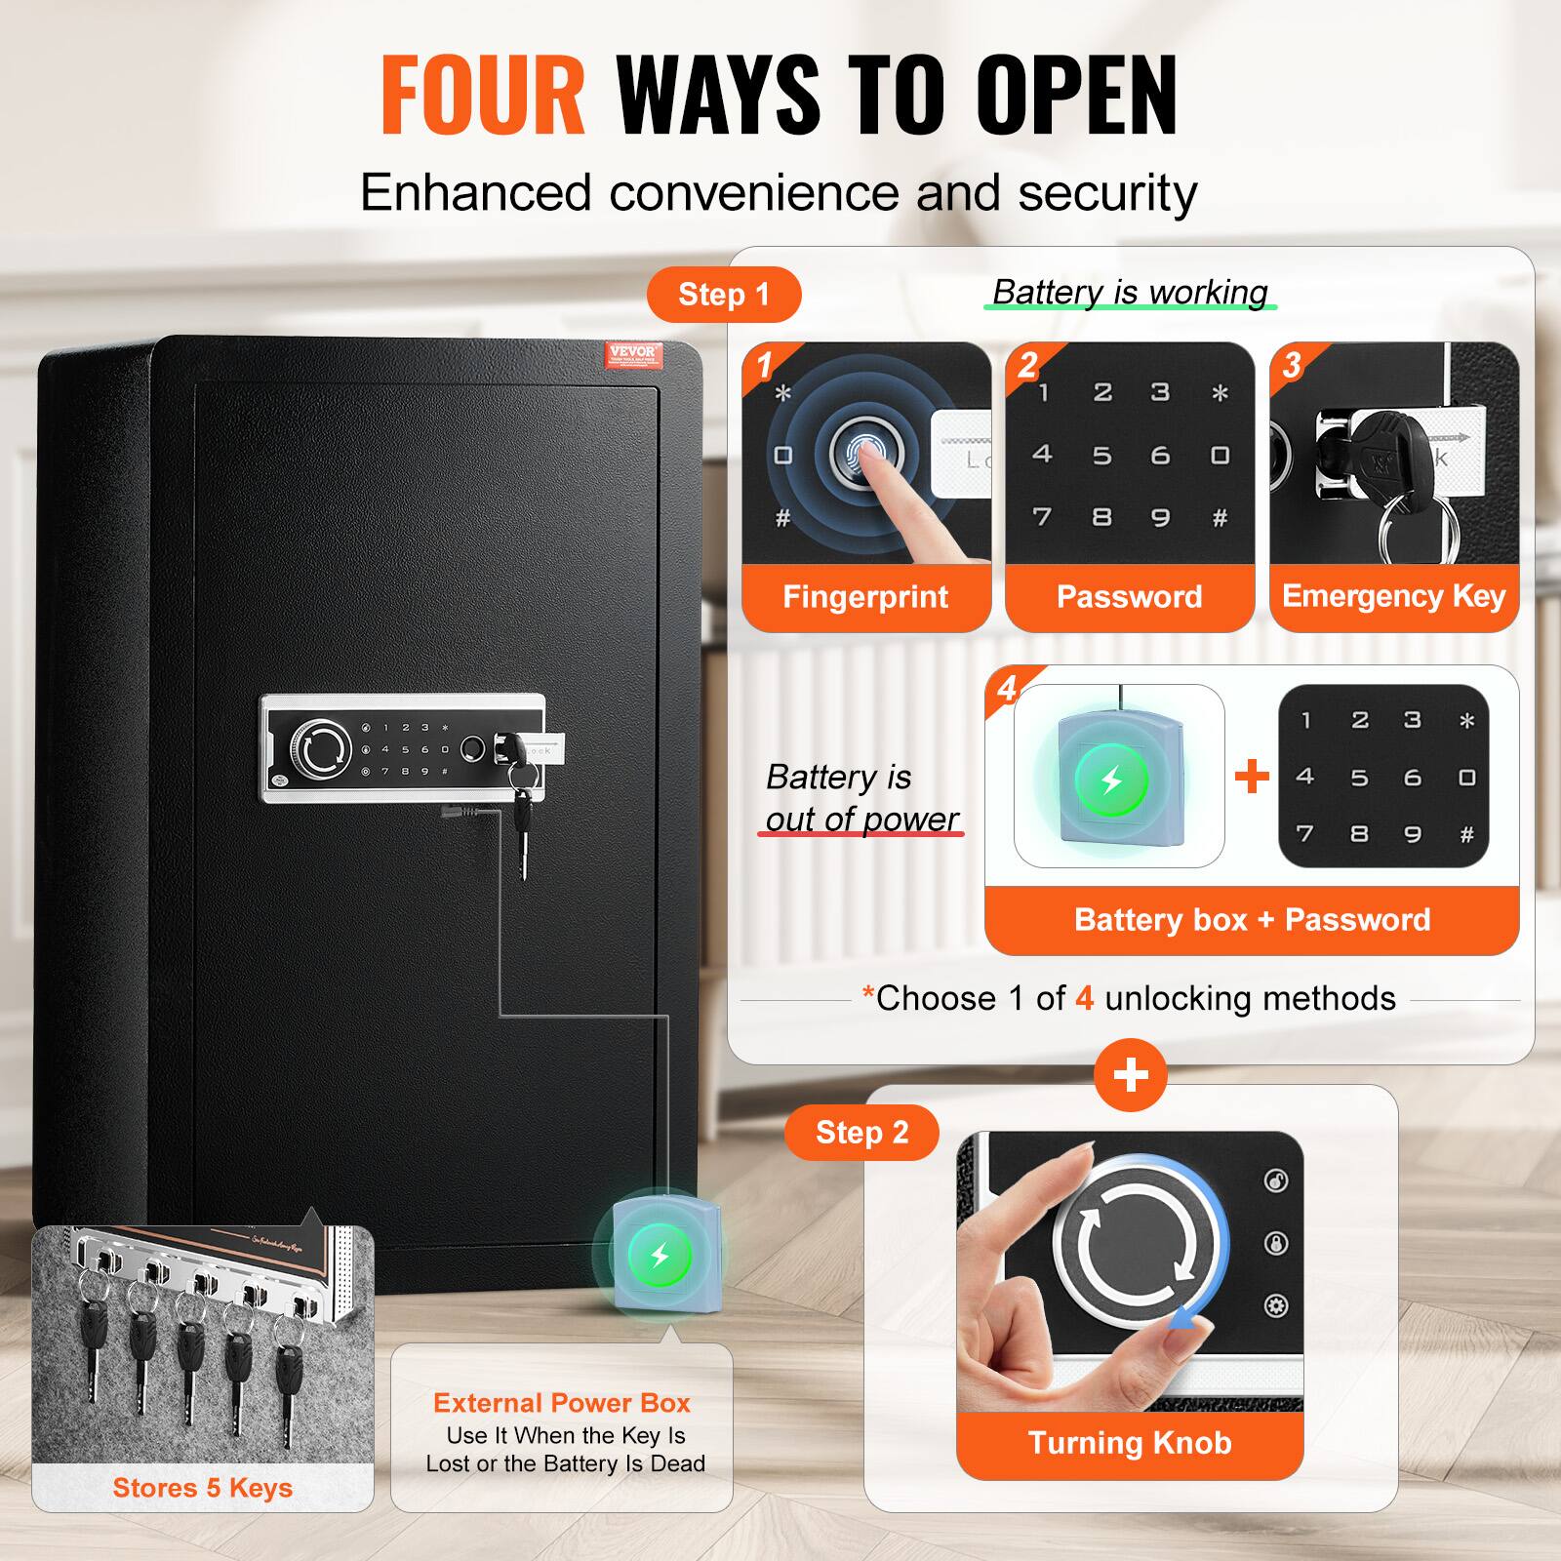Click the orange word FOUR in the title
[482, 95]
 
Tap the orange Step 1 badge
[723, 295]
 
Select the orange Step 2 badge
[861, 1133]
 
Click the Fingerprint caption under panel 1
[865, 597]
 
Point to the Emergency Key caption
[1393, 596]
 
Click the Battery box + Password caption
[1252, 920]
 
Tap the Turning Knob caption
[1130, 1443]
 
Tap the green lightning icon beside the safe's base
[660, 1255]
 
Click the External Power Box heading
[562, 1403]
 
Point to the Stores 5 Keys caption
[202, 1488]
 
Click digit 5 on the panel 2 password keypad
[1101, 456]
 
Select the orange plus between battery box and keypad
[1252, 777]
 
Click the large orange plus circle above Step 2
[1130, 1075]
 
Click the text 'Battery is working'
[1130, 292]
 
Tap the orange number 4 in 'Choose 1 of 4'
[1084, 999]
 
